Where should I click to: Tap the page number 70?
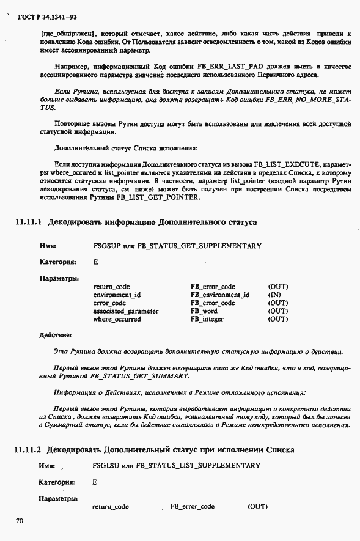(x=19, y=521)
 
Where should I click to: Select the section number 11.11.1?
(x=28, y=222)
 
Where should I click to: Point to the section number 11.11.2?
(x=28, y=449)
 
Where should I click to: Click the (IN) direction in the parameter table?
(x=274, y=295)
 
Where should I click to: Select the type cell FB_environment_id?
(x=220, y=295)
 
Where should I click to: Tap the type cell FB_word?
(x=204, y=311)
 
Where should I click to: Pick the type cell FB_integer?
(x=207, y=319)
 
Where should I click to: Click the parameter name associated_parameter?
(x=125, y=311)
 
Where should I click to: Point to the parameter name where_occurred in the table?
(x=117, y=319)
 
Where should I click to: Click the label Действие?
(x=56, y=335)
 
